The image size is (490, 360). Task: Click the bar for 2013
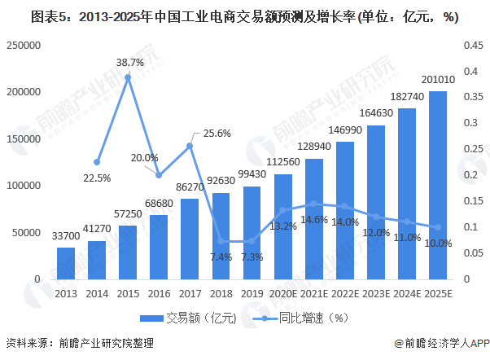point(66,262)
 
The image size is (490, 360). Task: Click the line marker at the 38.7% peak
point(128,77)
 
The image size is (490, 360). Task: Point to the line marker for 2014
point(97,162)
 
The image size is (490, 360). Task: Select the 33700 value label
point(66,238)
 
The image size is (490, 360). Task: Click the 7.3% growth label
point(252,257)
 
